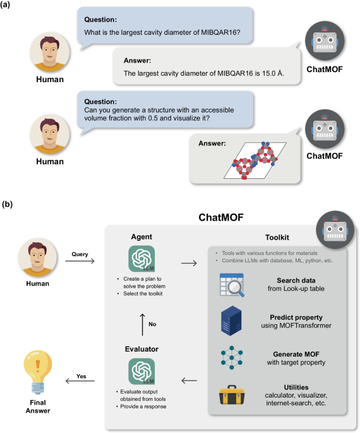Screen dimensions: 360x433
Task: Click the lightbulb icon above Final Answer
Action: pos(38,372)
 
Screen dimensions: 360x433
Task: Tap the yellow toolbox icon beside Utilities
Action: pos(232,395)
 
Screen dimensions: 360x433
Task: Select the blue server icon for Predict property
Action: pos(231,320)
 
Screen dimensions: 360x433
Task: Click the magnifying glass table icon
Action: pos(232,285)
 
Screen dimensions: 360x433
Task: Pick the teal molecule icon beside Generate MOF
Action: pos(232,358)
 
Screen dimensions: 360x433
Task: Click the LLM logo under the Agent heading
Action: pos(141,259)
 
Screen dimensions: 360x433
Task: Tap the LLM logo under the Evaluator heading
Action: pos(141,372)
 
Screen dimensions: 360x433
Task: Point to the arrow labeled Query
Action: pos(80,261)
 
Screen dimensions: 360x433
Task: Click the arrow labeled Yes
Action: pos(80,381)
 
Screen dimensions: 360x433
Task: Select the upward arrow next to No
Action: pos(142,324)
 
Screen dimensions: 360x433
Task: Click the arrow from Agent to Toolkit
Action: pos(189,263)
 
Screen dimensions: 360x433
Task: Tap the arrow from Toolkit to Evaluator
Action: pos(189,381)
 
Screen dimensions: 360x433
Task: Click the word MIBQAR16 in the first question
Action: pos(220,32)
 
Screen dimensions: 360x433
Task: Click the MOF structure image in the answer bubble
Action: pos(255,161)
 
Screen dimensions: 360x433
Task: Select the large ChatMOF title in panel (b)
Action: pos(221,217)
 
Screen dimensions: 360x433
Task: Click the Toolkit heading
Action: pos(277,238)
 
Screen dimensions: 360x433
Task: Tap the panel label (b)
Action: pos(7,204)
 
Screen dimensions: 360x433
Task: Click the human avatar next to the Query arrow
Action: pos(37,258)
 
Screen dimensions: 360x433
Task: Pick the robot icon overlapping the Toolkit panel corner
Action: pos(335,230)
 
